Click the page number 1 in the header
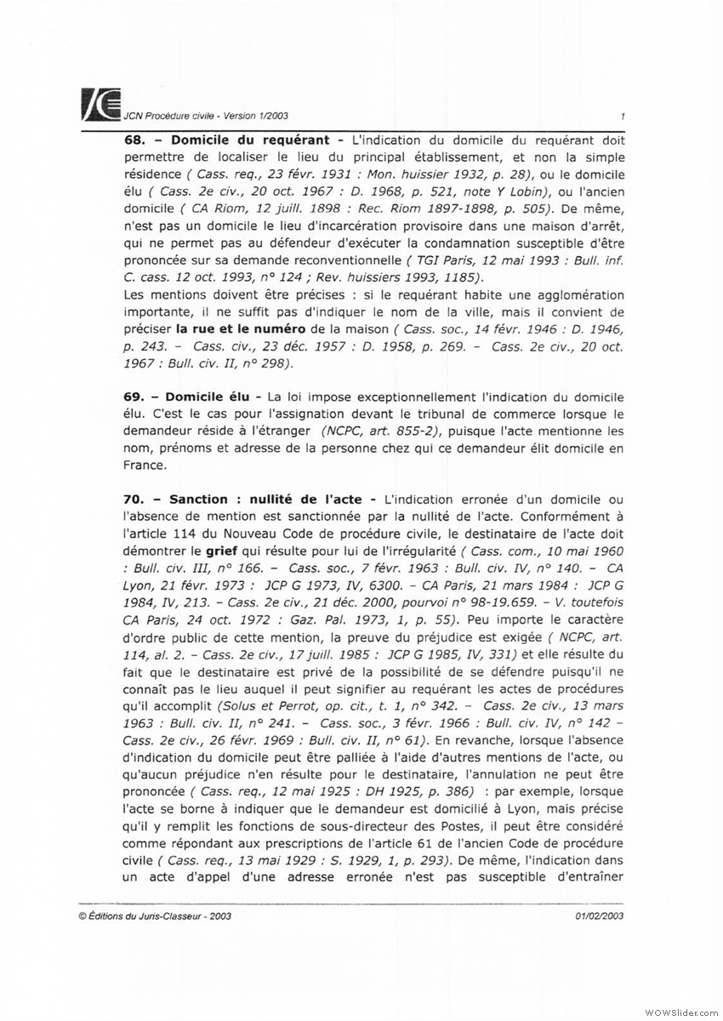point(623,117)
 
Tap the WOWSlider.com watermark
point(680,1010)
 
